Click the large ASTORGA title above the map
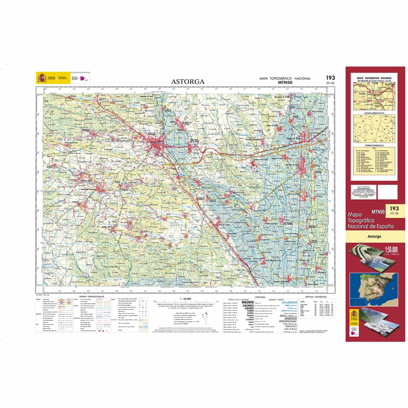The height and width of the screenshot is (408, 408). [188, 82]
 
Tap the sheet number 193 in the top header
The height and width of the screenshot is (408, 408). [330, 78]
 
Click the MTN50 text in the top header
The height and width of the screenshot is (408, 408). [285, 82]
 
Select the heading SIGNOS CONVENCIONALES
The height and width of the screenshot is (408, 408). [92, 296]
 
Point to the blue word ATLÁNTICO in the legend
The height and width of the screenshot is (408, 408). [289, 302]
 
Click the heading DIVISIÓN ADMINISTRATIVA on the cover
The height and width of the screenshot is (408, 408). [374, 113]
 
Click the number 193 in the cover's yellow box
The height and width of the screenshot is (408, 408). [394, 208]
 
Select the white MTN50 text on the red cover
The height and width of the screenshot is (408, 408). [378, 212]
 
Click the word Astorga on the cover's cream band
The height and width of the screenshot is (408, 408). [374, 236]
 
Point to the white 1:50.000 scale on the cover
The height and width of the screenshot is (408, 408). [391, 249]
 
